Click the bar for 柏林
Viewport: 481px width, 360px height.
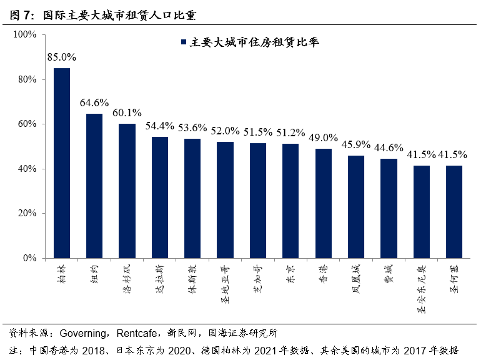[x=62, y=162]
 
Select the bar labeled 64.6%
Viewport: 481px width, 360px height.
[x=94, y=186]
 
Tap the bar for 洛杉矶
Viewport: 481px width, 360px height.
[x=127, y=191]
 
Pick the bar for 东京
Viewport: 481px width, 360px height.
[x=290, y=201]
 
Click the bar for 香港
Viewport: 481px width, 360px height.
[x=324, y=203]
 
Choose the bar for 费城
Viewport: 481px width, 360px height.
[x=389, y=208]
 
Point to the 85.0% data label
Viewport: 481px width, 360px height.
[x=62, y=57]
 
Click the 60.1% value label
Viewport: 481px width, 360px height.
[x=127, y=113]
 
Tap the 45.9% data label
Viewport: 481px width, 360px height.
[x=356, y=145]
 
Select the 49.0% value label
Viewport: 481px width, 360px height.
[x=324, y=138]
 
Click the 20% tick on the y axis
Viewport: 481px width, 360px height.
[x=29, y=213]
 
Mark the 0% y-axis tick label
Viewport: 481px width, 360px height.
[x=31, y=258]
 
